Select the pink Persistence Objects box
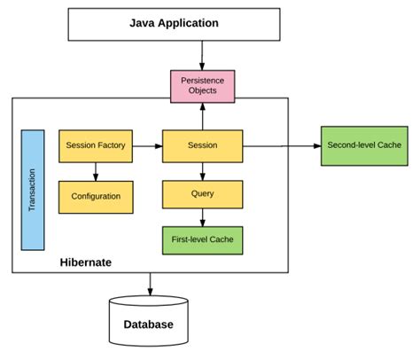203,86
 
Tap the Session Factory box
96,145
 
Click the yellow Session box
203,145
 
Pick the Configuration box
96,197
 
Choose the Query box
203,192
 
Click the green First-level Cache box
203,239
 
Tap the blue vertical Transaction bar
34,189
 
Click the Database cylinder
149,323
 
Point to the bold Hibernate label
85,262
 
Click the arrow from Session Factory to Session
147,145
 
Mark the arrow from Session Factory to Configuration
96,171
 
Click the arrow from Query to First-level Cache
203,216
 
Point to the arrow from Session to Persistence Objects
203,115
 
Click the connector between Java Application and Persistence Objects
203,54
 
